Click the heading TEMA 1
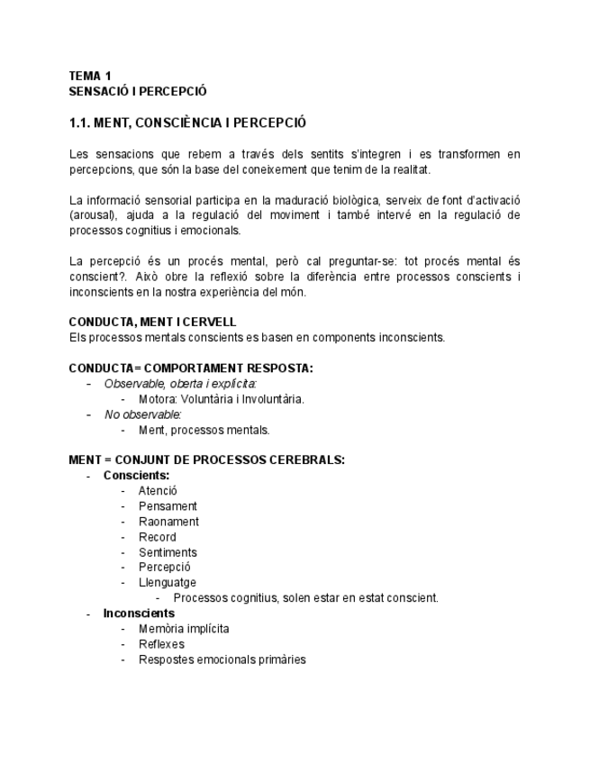pyautogui.click(x=90, y=76)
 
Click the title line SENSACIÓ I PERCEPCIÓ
pyautogui.click(x=138, y=91)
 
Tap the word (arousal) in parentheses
pyautogui.click(x=90, y=215)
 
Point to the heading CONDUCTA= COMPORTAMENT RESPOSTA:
pyautogui.click(x=191, y=368)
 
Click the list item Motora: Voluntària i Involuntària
pyautogui.click(x=221, y=399)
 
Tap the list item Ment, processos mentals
pyautogui.click(x=204, y=430)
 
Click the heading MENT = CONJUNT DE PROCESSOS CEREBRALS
pyautogui.click(x=206, y=460)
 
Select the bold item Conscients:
pyautogui.click(x=136, y=476)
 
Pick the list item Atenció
pyautogui.click(x=158, y=491)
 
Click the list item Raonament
pyautogui.click(x=168, y=522)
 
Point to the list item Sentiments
pyautogui.click(x=168, y=552)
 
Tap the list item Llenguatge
pyautogui.click(x=167, y=583)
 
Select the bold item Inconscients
pyautogui.click(x=139, y=614)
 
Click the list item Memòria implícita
pyautogui.click(x=184, y=629)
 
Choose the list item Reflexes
pyautogui.click(x=161, y=644)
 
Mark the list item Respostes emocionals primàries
pyautogui.click(x=222, y=659)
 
